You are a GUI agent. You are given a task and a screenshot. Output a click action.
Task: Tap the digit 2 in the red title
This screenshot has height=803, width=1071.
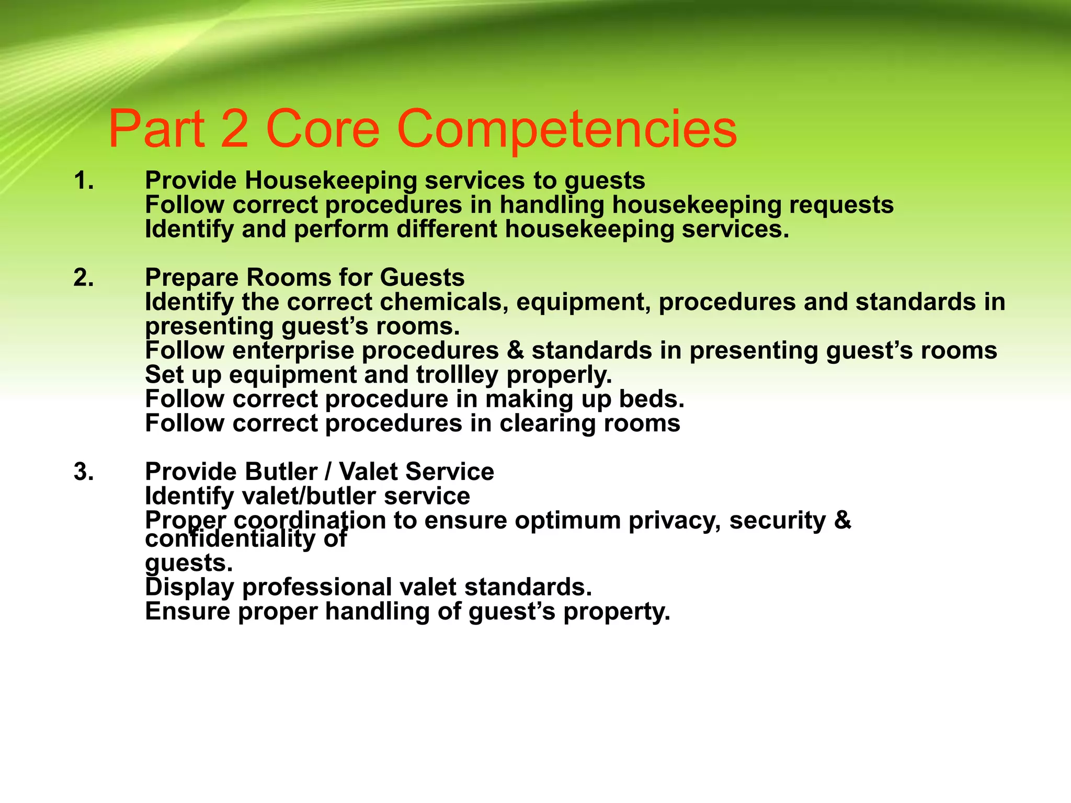pos(234,129)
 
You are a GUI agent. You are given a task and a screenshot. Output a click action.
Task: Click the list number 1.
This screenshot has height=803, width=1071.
pos(84,181)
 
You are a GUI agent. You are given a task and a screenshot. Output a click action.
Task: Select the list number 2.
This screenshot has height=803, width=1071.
pos(84,278)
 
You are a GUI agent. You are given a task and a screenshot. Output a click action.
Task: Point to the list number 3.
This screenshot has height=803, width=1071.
pos(84,472)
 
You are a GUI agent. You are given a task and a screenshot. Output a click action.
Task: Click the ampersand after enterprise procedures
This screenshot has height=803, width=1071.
pos(515,350)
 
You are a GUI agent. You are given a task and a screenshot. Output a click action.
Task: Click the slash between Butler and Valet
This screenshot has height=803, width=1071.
pos(328,472)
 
